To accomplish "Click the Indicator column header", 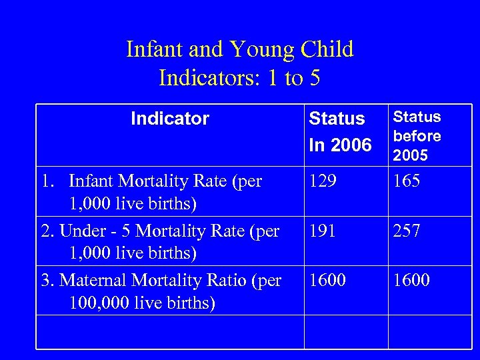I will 170,119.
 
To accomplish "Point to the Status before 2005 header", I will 417,136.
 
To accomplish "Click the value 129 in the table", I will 323,181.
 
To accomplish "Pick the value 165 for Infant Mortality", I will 407,181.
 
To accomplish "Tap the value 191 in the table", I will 323,231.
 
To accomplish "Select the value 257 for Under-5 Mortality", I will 407,231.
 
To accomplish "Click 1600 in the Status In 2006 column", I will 327,280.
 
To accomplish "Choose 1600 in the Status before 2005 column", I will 411,280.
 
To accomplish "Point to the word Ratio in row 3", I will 229,281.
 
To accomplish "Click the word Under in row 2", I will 79,231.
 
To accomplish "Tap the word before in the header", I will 417,136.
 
